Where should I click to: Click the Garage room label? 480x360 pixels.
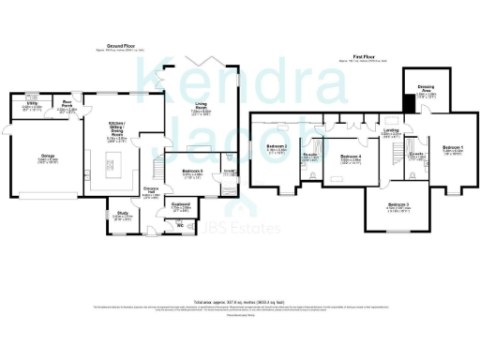pos(47,158)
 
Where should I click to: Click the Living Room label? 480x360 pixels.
pos(202,108)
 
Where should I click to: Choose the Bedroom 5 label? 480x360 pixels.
pos(193,171)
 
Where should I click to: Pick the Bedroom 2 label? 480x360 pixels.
pos(277,148)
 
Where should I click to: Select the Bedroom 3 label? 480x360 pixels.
pos(397,206)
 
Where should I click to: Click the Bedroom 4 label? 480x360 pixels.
pos(350,157)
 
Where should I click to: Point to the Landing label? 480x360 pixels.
pos(391,132)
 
